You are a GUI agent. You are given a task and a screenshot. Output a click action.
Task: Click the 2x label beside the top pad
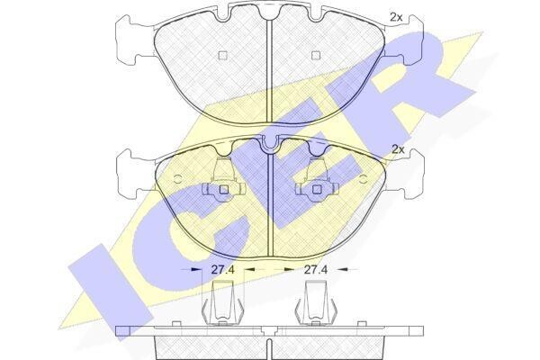396,17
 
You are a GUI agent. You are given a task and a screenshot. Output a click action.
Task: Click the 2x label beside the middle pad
398,149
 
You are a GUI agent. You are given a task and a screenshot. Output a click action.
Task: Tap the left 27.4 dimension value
222,270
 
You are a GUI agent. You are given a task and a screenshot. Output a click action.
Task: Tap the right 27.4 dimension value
315,270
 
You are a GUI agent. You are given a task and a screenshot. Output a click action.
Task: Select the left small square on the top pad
223,55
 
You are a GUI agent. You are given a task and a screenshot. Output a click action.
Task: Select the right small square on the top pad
316,55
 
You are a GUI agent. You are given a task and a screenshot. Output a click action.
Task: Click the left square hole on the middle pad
224,189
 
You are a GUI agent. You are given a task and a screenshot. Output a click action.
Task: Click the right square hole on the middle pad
316,189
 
